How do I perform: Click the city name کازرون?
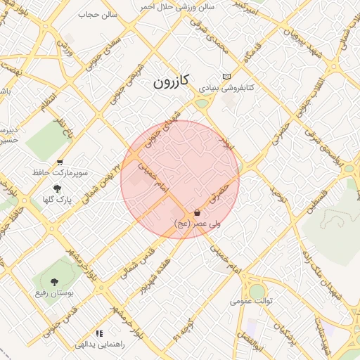[171, 82]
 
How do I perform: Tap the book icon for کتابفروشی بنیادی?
[226, 77]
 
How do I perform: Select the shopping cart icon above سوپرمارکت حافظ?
[60, 162]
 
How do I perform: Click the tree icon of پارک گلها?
[57, 188]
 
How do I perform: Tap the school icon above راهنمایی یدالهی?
[99, 333]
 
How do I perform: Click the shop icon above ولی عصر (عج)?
[197, 212]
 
